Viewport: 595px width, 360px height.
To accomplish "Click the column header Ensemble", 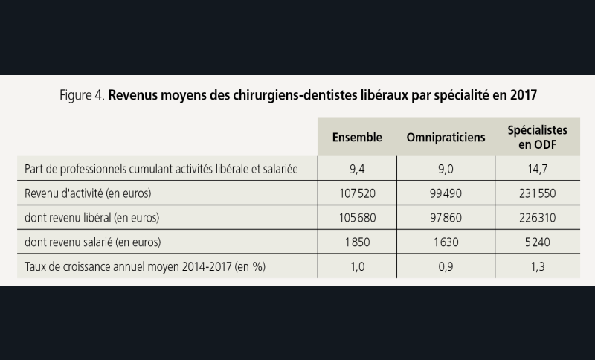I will [357, 138].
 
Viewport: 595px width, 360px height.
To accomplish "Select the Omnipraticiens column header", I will [446, 138].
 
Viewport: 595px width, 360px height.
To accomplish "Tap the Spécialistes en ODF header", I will [533, 137].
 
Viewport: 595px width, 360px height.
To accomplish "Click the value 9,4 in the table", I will [357, 170].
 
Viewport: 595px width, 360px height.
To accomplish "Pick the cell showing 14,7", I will [533, 170].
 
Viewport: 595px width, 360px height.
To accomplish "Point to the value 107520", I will [357, 193].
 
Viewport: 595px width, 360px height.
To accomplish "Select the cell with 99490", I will [446, 193].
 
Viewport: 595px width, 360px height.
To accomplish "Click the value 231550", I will [533, 193].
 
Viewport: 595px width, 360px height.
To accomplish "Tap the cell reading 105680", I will [357, 218].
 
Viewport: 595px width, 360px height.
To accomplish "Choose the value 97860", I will [446, 218].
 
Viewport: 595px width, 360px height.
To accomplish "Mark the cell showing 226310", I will [533, 218].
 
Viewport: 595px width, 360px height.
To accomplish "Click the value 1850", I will [357, 242].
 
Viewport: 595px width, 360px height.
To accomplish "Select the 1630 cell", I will [446, 242].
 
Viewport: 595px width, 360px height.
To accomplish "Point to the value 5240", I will [533, 242].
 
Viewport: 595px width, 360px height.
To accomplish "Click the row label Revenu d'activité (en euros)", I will [88, 193].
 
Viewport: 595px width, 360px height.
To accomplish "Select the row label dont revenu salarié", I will [92, 242].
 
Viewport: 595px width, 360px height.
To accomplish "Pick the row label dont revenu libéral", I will [92, 218].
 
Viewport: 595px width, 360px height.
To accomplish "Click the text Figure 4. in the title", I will [82, 96].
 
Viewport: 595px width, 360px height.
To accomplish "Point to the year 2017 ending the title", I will [522, 96].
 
